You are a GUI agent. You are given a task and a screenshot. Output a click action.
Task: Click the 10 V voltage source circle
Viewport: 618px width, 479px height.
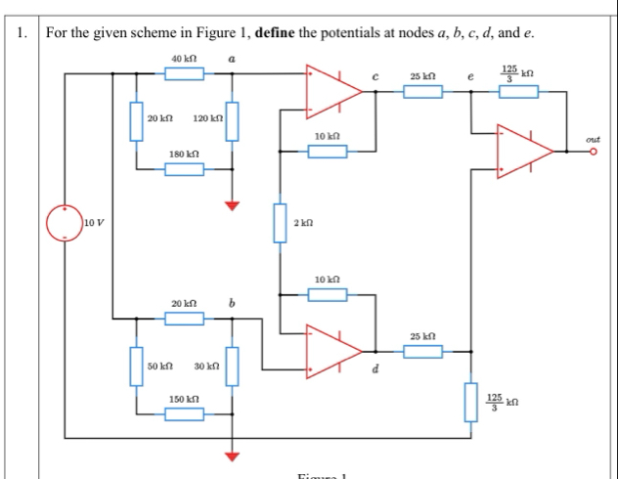(65, 224)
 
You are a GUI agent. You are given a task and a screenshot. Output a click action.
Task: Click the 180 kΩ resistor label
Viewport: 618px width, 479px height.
(184, 154)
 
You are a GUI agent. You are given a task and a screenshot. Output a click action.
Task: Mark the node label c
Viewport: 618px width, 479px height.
(375, 75)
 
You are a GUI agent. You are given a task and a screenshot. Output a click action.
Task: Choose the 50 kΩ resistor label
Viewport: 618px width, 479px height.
(160, 365)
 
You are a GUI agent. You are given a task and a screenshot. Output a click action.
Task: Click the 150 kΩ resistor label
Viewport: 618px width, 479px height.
(184, 400)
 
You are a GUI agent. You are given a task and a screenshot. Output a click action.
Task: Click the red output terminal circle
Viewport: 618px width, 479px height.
(593, 152)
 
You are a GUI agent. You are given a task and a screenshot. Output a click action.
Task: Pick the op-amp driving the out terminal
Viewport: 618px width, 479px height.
(526, 151)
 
